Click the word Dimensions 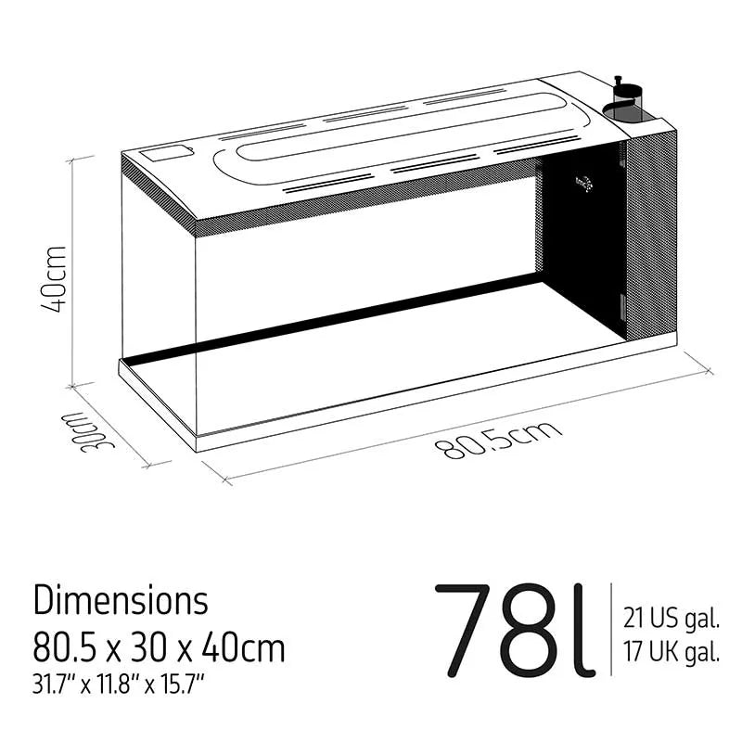click(121, 600)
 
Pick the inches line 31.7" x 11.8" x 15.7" click(118, 685)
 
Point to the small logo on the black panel click(582, 183)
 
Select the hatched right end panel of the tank click(651, 232)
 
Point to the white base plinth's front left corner click(198, 442)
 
